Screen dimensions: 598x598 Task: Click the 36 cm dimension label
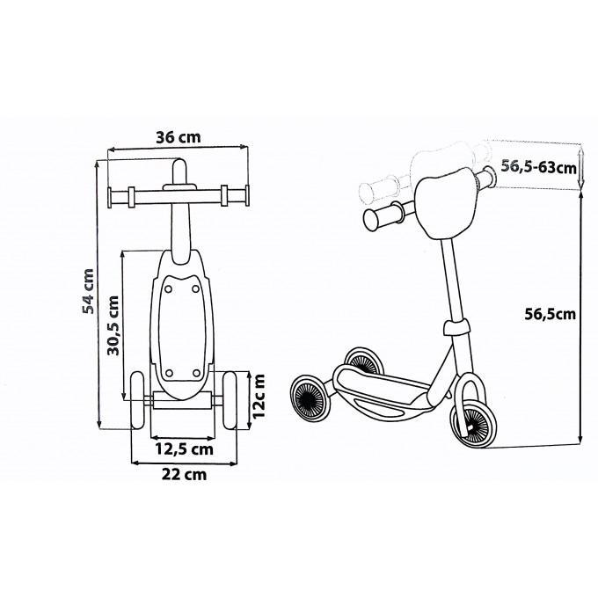[x=179, y=137]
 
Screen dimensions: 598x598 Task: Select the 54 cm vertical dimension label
[x=88, y=291]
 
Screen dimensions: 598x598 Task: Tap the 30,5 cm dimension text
[x=113, y=325]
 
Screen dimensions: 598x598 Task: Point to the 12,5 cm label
[x=184, y=448]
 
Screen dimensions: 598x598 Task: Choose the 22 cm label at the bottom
[x=185, y=474]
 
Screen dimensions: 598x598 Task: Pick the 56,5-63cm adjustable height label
[x=538, y=167]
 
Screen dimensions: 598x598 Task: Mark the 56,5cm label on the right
[x=550, y=314]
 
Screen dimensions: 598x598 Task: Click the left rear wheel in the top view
[x=138, y=399]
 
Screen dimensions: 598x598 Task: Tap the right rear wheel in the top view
[x=230, y=399]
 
